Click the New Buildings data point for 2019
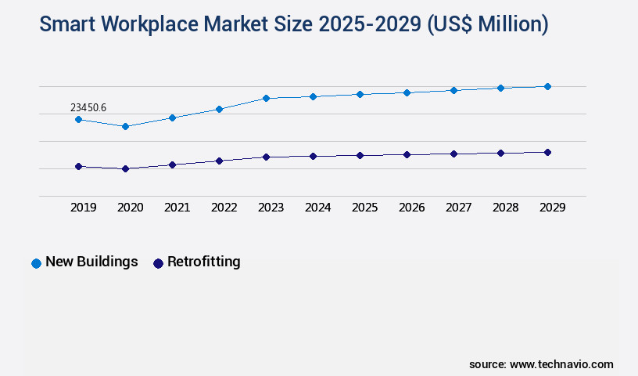coord(78,119)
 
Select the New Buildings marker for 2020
coord(125,126)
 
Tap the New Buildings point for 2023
coord(266,98)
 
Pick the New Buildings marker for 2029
coord(547,86)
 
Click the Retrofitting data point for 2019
coord(78,166)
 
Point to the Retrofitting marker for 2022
coord(219,161)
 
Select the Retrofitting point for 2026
coord(407,154)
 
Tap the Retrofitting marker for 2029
coord(547,152)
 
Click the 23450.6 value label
coord(88,107)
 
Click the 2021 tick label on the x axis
coord(177,208)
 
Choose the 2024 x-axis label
coord(317,208)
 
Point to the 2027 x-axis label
coord(458,208)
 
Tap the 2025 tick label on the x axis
coord(364,208)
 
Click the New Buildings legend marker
coord(36,263)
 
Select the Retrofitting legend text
coord(203,262)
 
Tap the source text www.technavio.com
coord(561,364)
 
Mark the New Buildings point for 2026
coord(407,92)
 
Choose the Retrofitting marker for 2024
coord(313,156)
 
